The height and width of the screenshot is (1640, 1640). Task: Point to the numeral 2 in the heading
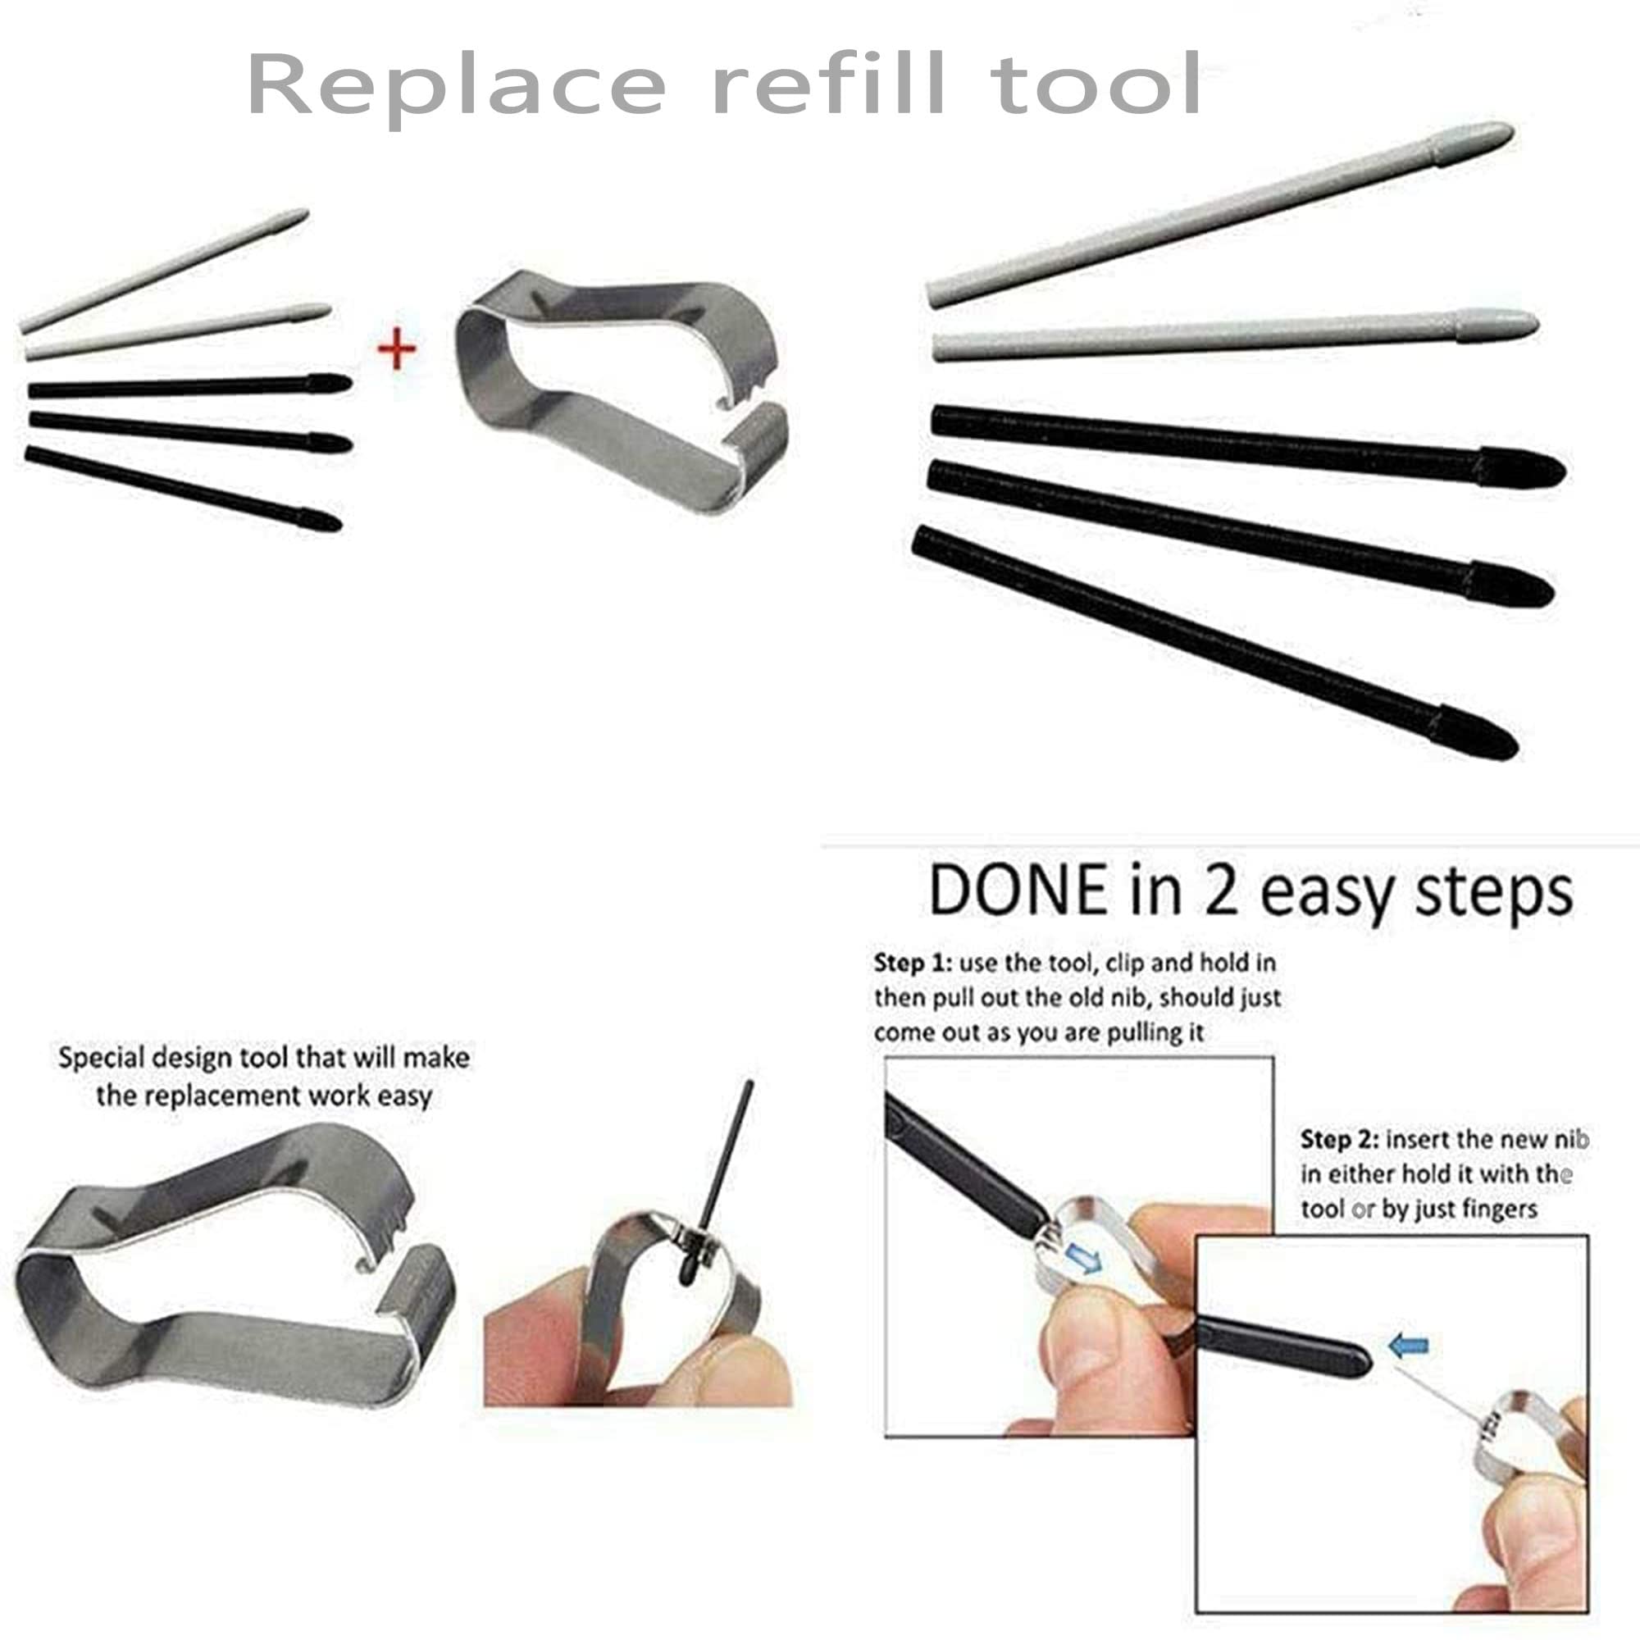click(1221, 891)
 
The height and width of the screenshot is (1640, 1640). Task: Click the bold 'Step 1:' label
click(912, 963)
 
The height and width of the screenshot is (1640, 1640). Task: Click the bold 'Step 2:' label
click(1339, 1140)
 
